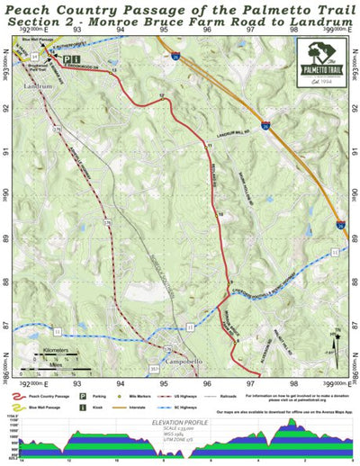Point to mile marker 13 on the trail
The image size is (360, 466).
coord(113,70)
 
